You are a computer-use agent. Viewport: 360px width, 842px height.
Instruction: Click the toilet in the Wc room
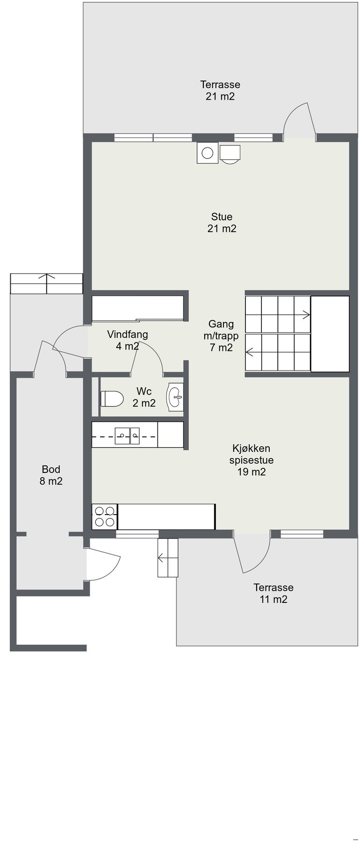[x=112, y=399]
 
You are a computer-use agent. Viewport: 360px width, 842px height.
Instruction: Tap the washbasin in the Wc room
[x=176, y=399]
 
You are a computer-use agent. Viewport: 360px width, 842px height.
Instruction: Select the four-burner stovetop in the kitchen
[x=105, y=516]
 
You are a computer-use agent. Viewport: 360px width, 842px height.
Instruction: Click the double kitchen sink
[x=128, y=436]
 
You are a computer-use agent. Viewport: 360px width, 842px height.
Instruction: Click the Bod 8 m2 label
[x=51, y=475]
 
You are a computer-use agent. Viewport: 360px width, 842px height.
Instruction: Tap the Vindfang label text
[x=128, y=334]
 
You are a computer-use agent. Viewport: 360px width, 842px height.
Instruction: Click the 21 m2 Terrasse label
[x=220, y=90]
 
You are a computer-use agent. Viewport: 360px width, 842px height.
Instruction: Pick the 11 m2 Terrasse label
[x=274, y=593]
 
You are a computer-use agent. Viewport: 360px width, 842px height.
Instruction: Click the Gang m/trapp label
[x=221, y=335]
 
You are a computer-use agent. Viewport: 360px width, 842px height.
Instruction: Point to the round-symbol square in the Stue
[x=208, y=152]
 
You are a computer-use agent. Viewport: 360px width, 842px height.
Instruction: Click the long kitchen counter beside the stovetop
[x=166, y=516]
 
